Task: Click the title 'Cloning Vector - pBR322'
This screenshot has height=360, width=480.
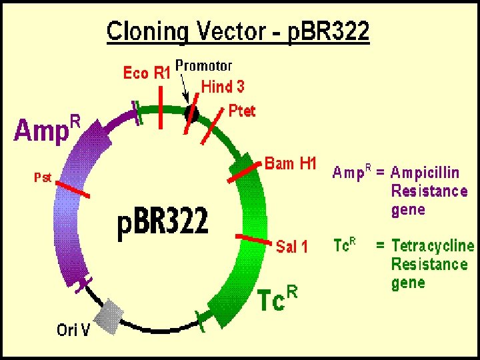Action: tap(238, 31)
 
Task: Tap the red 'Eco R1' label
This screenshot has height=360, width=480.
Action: tap(146, 73)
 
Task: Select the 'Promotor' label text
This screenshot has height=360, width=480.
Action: tap(203, 65)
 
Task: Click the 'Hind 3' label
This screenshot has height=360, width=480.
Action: tap(223, 87)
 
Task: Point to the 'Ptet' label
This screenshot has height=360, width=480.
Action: tap(242, 111)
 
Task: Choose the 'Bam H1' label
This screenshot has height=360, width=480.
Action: tap(290, 163)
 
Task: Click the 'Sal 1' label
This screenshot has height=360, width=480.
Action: tap(292, 247)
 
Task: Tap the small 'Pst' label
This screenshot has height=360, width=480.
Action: tap(43, 177)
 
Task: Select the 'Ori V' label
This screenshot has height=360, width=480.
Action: tap(73, 329)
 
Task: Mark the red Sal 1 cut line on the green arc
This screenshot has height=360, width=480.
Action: tap(253, 238)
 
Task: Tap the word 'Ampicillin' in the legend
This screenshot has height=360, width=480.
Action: tap(425, 173)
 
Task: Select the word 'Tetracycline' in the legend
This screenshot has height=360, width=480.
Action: tap(433, 246)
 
